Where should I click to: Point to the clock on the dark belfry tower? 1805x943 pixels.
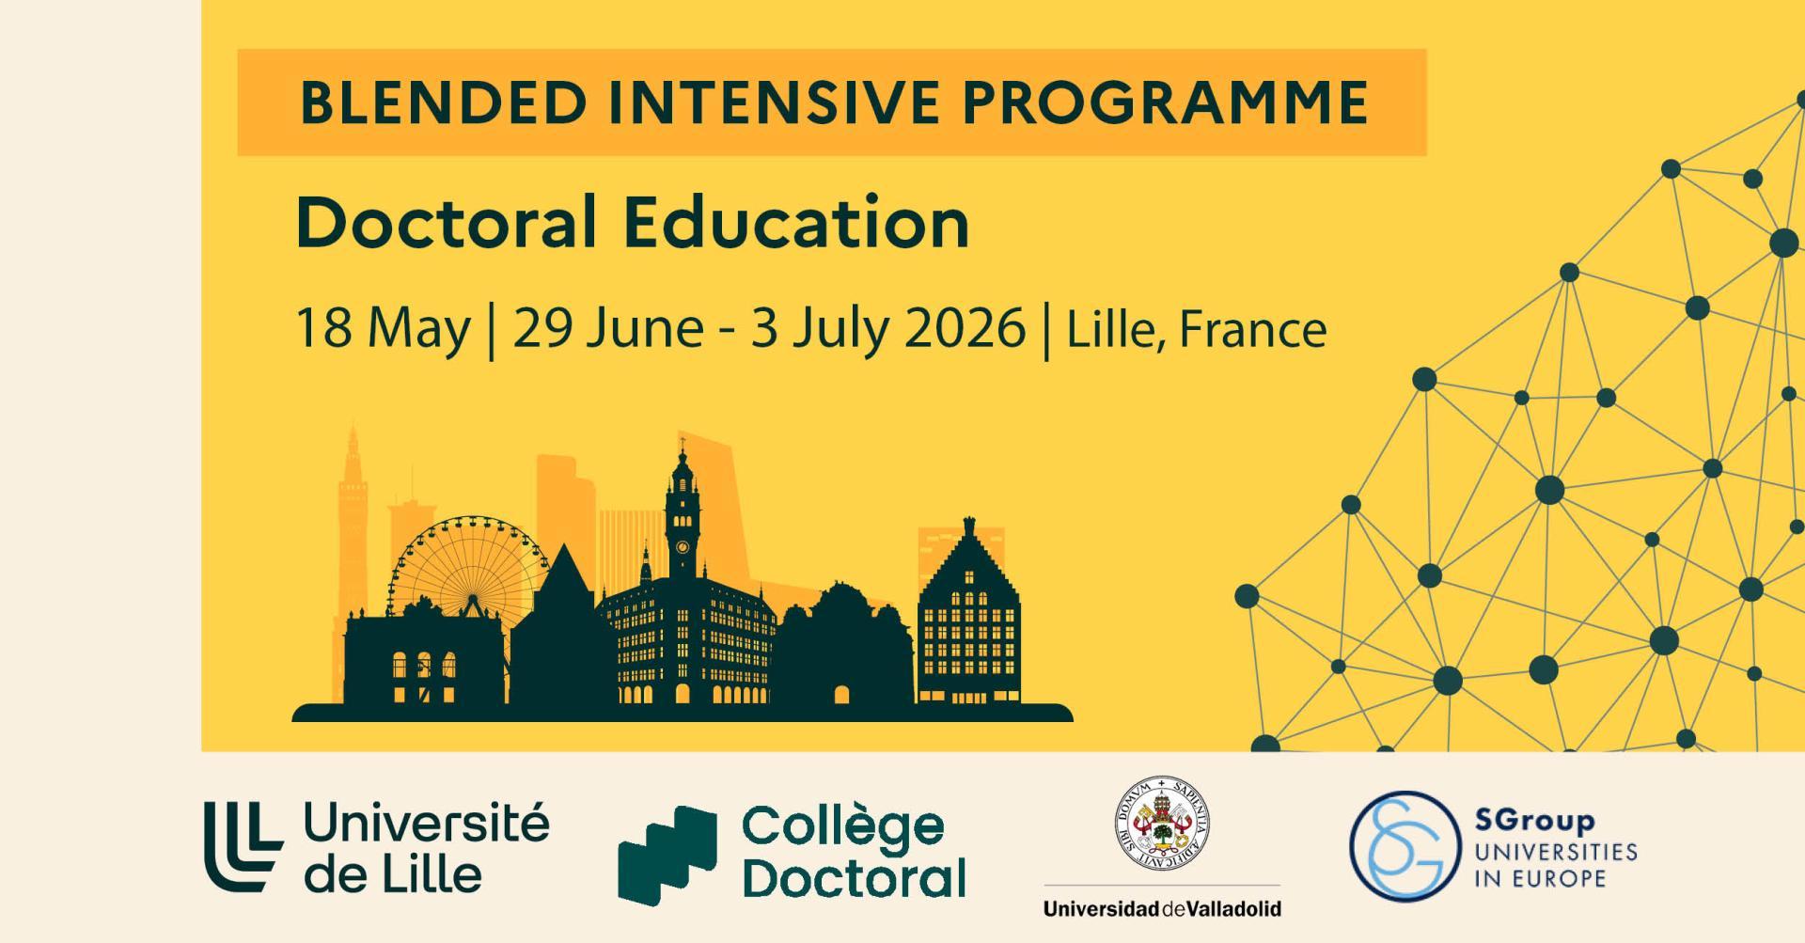point(681,542)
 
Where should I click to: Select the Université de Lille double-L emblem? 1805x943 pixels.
point(243,846)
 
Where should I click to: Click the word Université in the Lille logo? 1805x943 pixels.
point(427,825)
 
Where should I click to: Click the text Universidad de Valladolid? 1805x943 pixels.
point(1162,909)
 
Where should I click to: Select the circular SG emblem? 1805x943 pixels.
point(1399,845)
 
